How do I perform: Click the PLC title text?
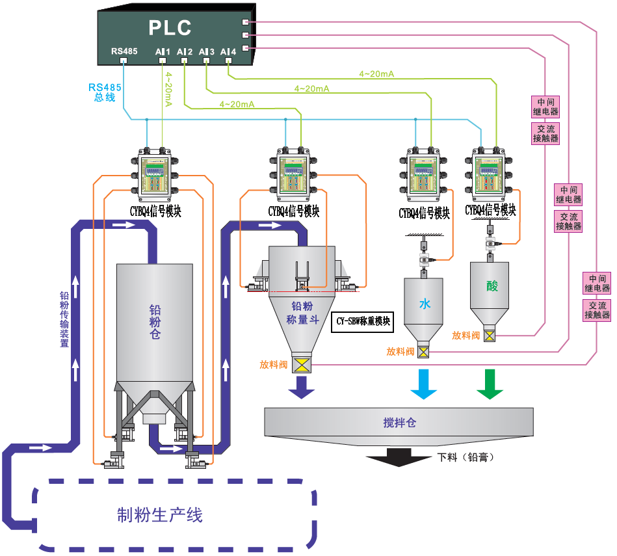pyautogui.click(x=170, y=28)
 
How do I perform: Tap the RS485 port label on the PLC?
pyautogui.click(x=124, y=51)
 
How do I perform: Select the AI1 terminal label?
pyautogui.click(x=163, y=51)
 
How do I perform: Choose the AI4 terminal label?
pyautogui.click(x=228, y=51)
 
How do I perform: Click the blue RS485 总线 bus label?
pyautogui.click(x=105, y=92)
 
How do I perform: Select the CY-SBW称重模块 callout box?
pyautogui.click(x=363, y=321)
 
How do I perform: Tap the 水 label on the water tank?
pyautogui.click(x=424, y=304)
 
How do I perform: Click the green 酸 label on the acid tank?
pyautogui.click(x=492, y=286)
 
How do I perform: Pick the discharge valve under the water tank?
pyautogui.click(x=424, y=352)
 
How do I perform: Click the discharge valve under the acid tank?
pyautogui.click(x=492, y=336)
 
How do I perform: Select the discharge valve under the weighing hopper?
pyautogui.click(x=301, y=365)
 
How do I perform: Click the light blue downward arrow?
pyautogui.click(x=424, y=384)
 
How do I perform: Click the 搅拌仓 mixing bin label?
pyautogui.click(x=399, y=423)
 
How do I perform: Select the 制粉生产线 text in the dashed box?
pyautogui.click(x=160, y=515)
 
